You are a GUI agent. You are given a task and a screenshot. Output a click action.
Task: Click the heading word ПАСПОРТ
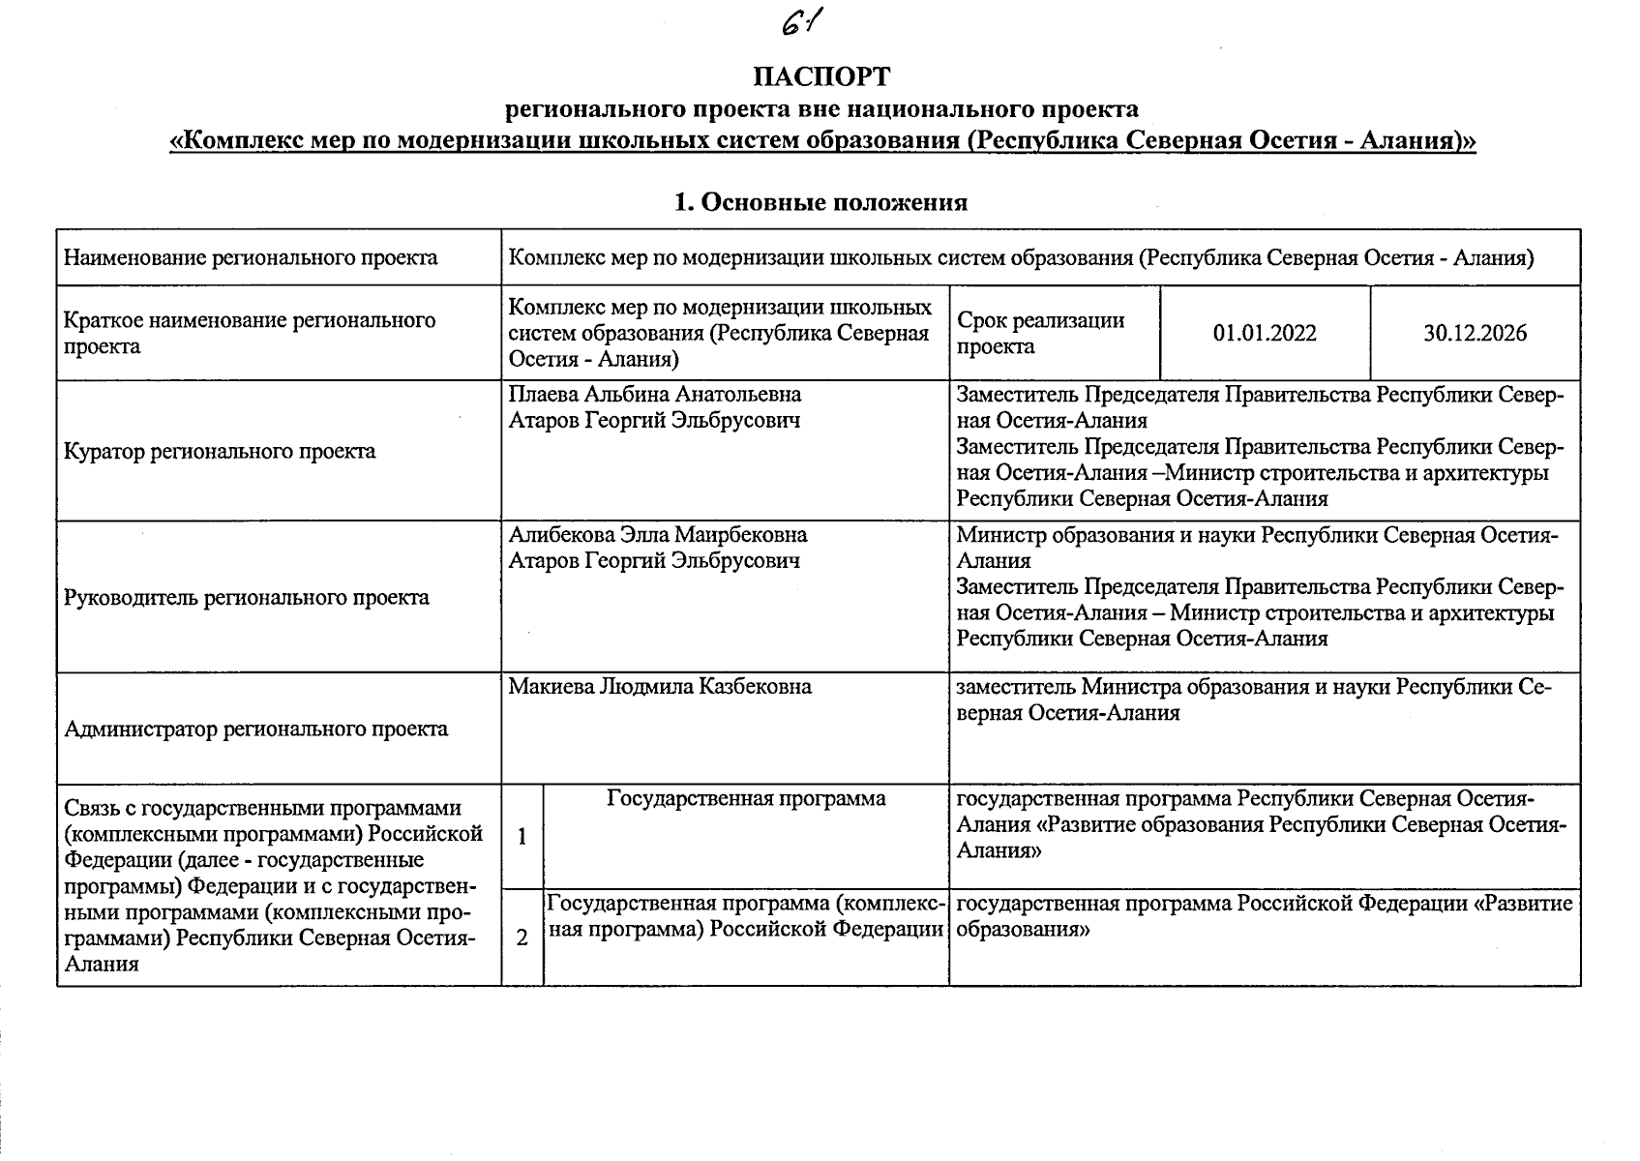[821, 76]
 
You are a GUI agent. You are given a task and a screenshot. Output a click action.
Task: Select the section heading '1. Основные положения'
[820, 202]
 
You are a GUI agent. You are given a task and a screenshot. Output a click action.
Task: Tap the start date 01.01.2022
[1265, 334]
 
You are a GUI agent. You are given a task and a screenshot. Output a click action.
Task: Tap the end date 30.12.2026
[1475, 334]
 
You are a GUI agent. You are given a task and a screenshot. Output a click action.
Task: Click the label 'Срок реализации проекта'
[1040, 334]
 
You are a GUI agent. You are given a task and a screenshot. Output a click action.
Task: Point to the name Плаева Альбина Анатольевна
[655, 395]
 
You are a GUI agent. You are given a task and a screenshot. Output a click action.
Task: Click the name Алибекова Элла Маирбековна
[658, 535]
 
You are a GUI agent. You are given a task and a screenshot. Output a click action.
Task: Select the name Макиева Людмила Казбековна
[660, 687]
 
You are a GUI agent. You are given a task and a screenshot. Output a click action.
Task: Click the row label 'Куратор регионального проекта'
[220, 452]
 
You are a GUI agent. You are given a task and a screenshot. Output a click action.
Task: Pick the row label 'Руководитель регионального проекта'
[246, 598]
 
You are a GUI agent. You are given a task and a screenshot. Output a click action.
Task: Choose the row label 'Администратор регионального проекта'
[255, 729]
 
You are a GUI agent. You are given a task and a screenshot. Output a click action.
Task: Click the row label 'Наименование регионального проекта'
[251, 258]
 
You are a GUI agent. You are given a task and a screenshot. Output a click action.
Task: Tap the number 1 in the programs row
[522, 837]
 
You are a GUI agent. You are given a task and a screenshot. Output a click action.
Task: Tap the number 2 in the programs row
[522, 938]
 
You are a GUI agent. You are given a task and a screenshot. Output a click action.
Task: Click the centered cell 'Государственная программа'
[746, 799]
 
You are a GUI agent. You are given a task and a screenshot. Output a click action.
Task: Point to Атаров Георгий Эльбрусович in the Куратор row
[655, 421]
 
